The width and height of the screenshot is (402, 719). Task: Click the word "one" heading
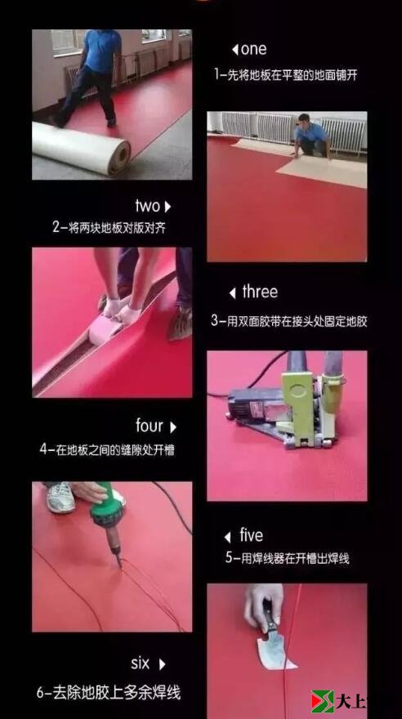[x=254, y=50]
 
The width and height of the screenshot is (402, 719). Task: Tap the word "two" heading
[x=148, y=206]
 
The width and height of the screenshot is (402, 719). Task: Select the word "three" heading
[x=260, y=293]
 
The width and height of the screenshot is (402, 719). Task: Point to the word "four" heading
[x=150, y=426]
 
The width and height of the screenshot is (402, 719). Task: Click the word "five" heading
[x=252, y=536]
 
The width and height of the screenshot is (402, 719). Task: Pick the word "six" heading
[x=141, y=663]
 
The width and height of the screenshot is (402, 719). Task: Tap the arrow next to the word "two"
[x=168, y=207]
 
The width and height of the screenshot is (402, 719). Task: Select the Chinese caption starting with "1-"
[x=285, y=74]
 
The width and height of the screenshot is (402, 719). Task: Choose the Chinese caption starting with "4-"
[x=107, y=449]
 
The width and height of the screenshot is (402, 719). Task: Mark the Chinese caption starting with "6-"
[x=108, y=692]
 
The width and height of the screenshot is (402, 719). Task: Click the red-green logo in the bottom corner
[x=321, y=702]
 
